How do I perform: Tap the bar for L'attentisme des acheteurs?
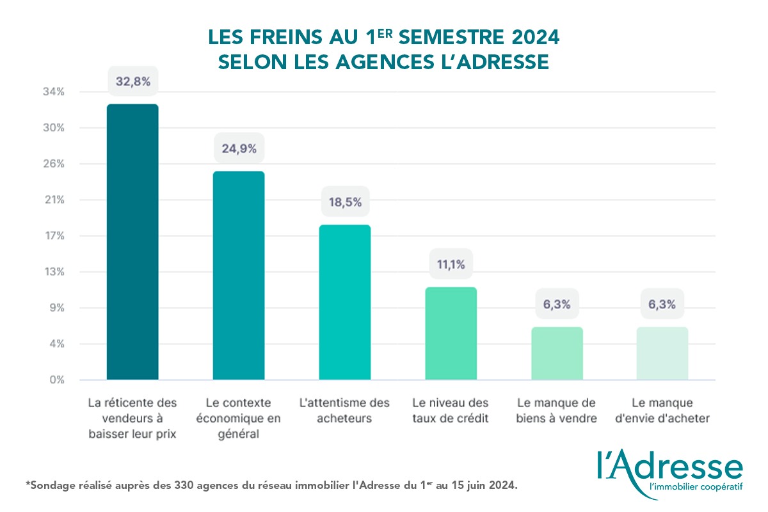344,302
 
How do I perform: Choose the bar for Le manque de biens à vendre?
557,353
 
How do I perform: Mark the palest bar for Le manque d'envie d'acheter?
662,353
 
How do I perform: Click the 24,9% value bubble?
239,149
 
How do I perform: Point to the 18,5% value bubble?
344,202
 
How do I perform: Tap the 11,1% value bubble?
451,264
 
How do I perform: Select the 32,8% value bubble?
132,81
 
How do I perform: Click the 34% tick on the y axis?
54,92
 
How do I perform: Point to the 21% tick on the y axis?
54,200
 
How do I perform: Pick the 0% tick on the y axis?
56,380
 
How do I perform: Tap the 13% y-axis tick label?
54,272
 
